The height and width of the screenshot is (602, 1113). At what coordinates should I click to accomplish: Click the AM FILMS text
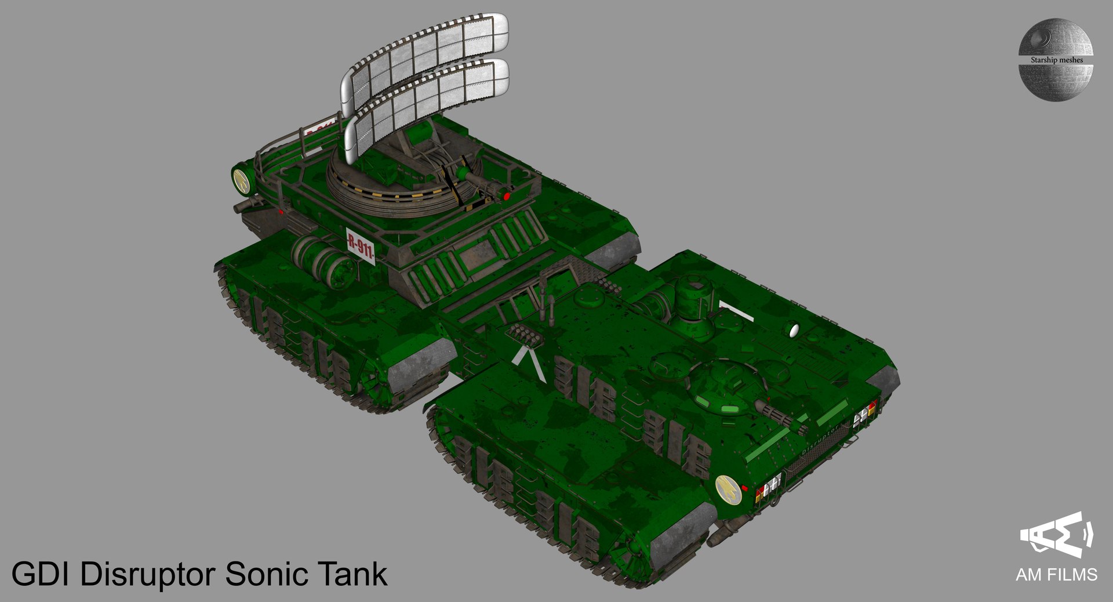coord(1056,575)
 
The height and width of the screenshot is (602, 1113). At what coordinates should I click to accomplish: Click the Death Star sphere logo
coord(1055,59)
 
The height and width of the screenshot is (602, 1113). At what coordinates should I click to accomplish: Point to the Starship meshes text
coord(1056,60)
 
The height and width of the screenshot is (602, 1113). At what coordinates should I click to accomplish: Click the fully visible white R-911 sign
coord(361,247)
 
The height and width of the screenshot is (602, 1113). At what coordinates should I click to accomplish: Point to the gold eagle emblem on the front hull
coord(726,489)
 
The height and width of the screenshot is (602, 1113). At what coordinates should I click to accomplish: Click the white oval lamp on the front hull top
coord(794,331)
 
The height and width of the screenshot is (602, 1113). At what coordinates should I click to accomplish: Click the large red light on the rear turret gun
coord(507,197)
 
